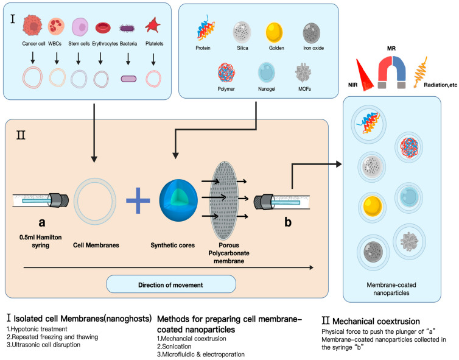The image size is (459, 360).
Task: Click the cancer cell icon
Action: tap(32, 26)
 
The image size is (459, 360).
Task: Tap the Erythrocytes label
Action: tap(105, 44)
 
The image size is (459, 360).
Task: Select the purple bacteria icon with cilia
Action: tap(127, 28)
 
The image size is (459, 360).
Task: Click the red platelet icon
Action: tap(153, 25)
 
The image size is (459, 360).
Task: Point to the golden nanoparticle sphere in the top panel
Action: tap(275, 32)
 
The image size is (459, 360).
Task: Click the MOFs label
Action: tap(304, 89)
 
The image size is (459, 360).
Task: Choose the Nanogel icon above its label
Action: tap(267, 72)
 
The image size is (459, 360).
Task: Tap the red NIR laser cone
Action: tap(365, 75)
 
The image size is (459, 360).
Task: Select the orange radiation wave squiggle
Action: tap(421, 72)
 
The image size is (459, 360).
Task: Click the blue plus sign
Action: tap(138, 200)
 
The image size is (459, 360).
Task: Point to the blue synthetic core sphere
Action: tap(178, 200)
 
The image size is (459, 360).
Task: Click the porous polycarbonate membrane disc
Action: tap(224, 200)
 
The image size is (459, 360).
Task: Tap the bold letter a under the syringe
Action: tap(42, 222)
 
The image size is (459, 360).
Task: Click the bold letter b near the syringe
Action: tap(288, 222)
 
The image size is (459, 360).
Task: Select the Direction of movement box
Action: tap(171, 284)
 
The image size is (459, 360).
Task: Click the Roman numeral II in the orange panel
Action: tap(21, 135)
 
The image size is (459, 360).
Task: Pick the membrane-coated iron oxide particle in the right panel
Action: tap(373, 252)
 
